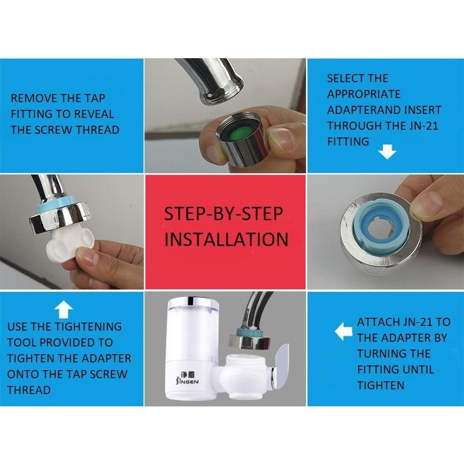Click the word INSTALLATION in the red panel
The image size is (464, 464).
pos(226,239)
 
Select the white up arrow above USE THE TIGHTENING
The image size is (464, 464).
pos(64,309)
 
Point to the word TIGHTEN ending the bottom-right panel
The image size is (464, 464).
pos(381,385)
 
